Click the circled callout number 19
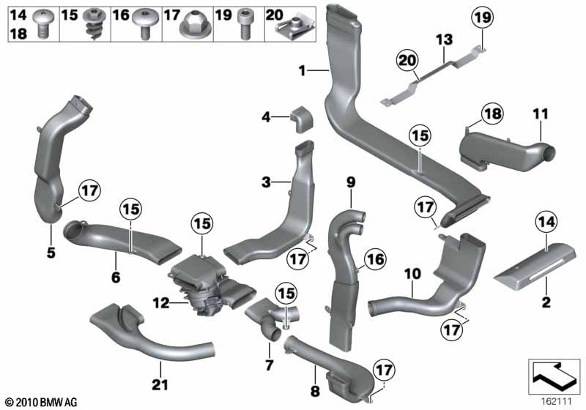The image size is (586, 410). pyautogui.click(x=482, y=18)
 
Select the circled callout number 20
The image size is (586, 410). pyautogui.click(x=407, y=60)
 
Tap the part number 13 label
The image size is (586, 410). pyautogui.click(x=445, y=40)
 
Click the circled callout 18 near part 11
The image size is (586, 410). pyautogui.click(x=492, y=113)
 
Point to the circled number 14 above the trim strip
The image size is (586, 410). pyautogui.click(x=546, y=222)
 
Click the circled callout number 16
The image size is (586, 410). pyautogui.click(x=376, y=258)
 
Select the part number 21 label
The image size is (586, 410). pyautogui.click(x=160, y=384)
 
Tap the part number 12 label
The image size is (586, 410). pyautogui.click(x=161, y=303)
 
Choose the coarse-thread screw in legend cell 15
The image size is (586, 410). pyautogui.click(x=92, y=24)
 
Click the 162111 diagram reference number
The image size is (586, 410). pyautogui.click(x=557, y=402)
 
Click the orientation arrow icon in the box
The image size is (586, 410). pyautogui.click(x=554, y=376)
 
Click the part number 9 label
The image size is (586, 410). pyautogui.click(x=351, y=182)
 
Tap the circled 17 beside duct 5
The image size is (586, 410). pyautogui.click(x=89, y=191)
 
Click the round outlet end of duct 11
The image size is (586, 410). pyautogui.click(x=548, y=154)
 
